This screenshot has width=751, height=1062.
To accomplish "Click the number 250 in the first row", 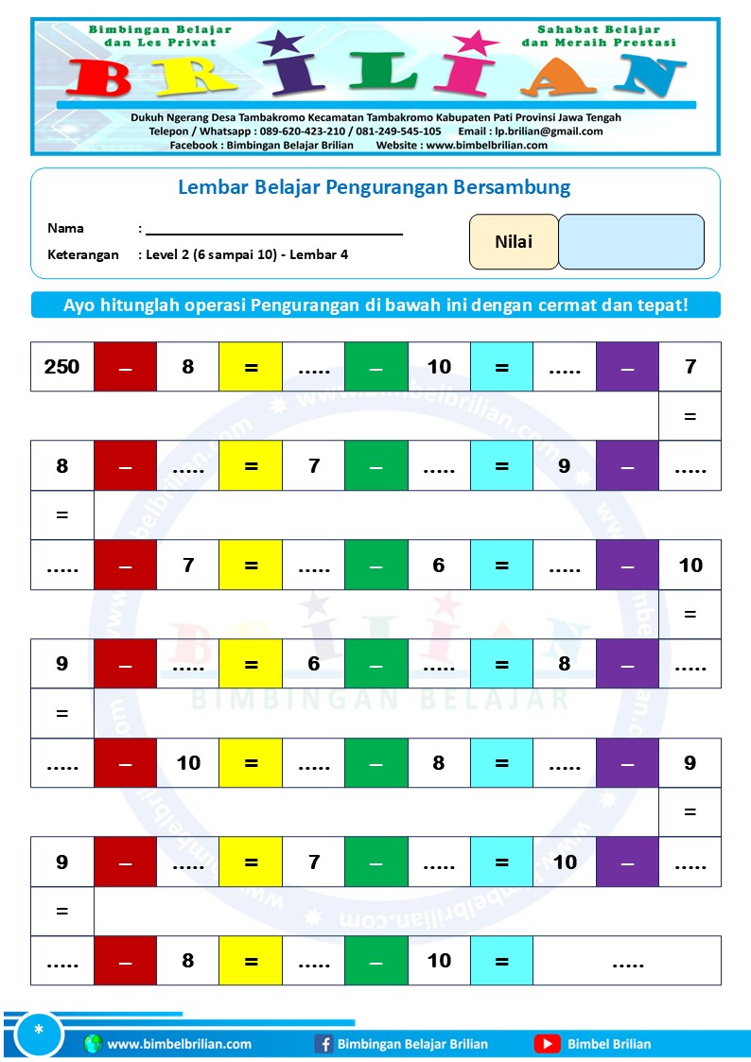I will pyautogui.click(x=62, y=367).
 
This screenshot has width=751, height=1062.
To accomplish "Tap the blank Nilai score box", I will pyautogui.click(x=631, y=242).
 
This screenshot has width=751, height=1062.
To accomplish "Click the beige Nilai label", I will pyautogui.click(x=514, y=242).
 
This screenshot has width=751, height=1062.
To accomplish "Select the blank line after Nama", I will pyautogui.click(x=274, y=229).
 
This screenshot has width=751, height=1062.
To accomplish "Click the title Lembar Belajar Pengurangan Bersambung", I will pyautogui.click(x=375, y=187).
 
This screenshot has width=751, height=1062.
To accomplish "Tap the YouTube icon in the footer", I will pyautogui.click(x=547, y=1044).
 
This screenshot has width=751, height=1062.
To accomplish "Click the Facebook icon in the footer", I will pyautogui.click(x=323, y=1044).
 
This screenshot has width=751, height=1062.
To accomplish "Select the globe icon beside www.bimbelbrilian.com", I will pyautogui.click(x=93, y=1044).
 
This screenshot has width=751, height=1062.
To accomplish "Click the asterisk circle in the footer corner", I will pyautogui.click(x=39, y=1032).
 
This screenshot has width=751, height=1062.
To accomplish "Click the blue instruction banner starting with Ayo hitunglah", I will pyautogui.click(x=375, y=305).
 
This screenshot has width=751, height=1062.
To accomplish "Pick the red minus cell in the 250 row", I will pyautogui.click(x=125, y=367).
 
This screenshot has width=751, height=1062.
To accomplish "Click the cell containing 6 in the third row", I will pyautogui.click(x=439, y=565).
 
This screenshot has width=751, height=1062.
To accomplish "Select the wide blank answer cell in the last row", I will pyautogui.click(x=627, y=961).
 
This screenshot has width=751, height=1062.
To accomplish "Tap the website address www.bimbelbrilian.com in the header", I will pyautogui.click(x=486, y=145).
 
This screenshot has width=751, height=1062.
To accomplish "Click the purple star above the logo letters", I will pyautogui.click(x=280, y=44).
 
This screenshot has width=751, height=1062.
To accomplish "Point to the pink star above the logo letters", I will pyautogui.click(x=478, y=44).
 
